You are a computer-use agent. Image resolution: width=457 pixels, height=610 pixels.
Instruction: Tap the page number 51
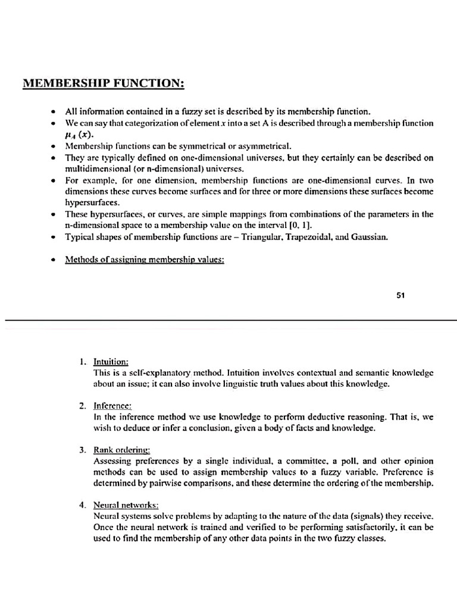[400, 295]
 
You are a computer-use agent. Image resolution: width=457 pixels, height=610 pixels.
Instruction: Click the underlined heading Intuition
[111, 362]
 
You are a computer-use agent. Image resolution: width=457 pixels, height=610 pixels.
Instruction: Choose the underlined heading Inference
[112, 405]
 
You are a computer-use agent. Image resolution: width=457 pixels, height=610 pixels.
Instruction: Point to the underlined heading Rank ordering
[122, 450]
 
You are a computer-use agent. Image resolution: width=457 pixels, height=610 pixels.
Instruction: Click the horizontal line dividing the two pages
[228, 320]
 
